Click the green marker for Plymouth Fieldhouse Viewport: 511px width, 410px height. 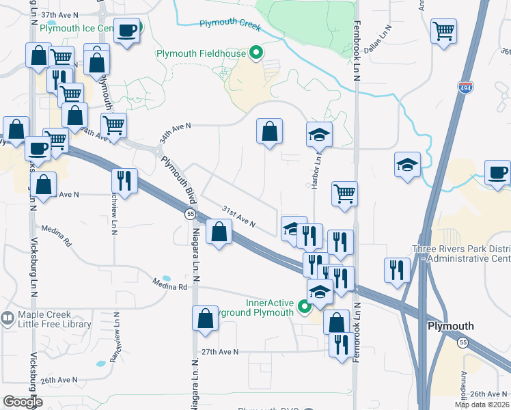coord(257,53)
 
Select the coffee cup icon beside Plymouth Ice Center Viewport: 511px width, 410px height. coord(127,31)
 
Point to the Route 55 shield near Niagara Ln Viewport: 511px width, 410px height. coord(190,215)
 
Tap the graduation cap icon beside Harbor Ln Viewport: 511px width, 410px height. coord(318,135)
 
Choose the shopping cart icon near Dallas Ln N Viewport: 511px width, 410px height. coord(444,31)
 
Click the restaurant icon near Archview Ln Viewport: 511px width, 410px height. coord(124,180)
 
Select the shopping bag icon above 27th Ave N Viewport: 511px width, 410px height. coord(206,319)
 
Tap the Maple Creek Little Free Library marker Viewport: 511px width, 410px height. coord(8,318)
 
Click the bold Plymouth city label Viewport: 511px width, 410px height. coord(450,326)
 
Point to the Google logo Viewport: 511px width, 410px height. coord(23,402)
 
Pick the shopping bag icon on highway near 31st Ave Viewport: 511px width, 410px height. coord(218,232)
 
